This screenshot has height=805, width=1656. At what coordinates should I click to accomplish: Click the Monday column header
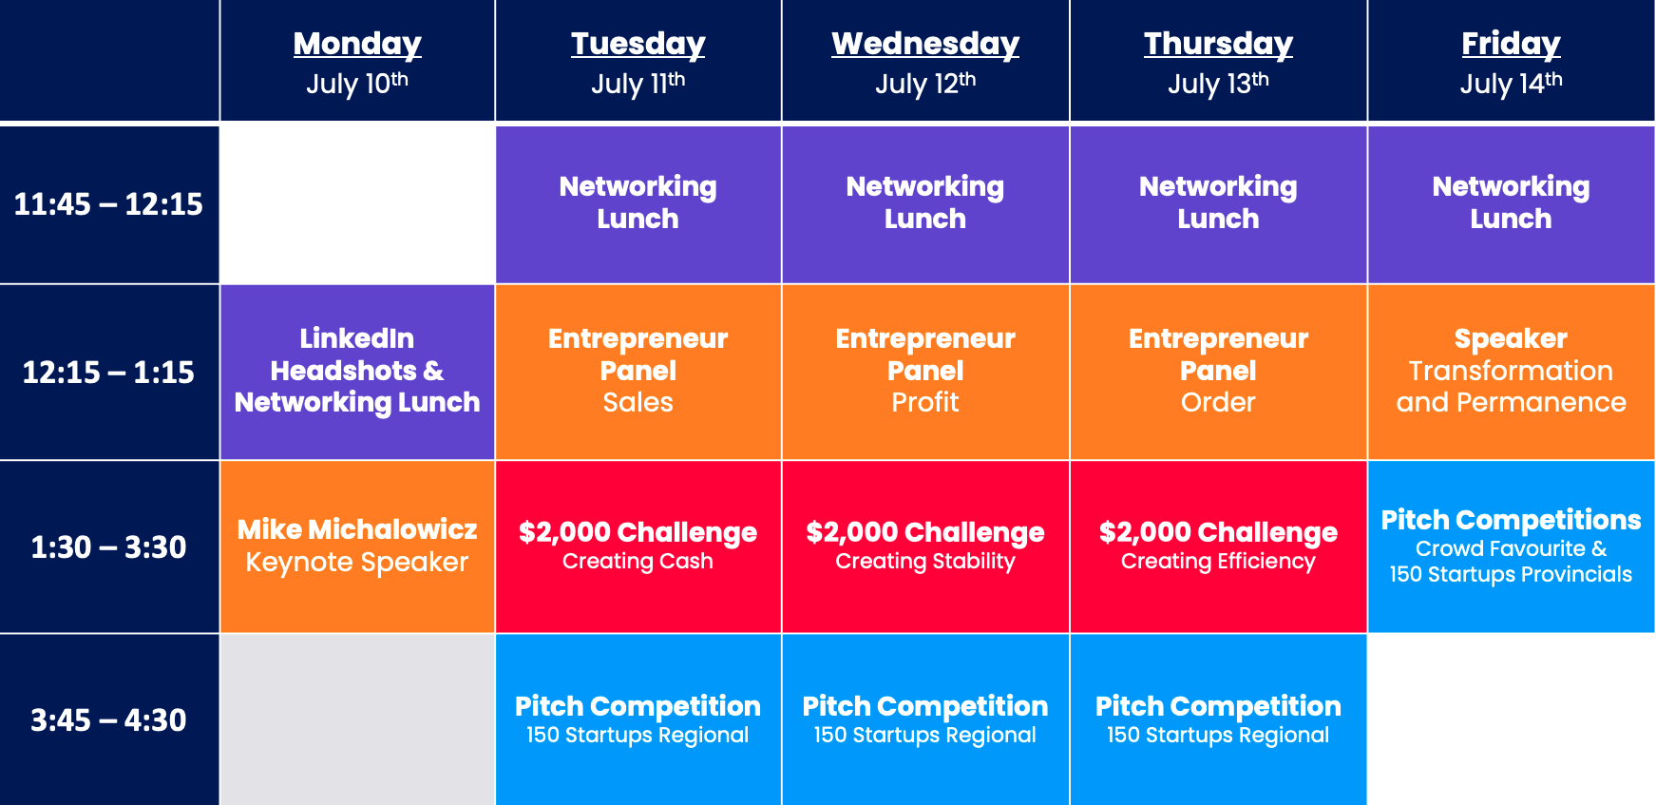click(x=357, y=44)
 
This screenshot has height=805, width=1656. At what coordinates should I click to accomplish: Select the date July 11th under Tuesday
click(x=638, y=84)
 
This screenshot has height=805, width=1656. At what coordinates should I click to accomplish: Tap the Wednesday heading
click(x=925, y=44)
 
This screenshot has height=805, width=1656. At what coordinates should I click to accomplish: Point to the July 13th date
click(x=1218, y=84)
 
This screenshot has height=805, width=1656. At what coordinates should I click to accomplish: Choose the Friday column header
click(x=1511, y=44)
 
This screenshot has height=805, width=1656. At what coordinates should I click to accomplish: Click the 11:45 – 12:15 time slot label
click(x=108, y=204)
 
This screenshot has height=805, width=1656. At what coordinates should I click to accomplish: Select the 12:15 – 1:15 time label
click(x=108, y=372)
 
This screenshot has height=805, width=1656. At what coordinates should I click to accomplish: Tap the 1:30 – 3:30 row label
click(x=108, y=547)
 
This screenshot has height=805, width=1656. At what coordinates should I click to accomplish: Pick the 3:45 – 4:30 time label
click(x=108, y=720)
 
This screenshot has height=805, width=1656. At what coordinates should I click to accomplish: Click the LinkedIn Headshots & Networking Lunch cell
click(x=357, y=372)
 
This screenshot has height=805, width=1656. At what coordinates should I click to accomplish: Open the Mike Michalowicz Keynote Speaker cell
click(x=357, y=546)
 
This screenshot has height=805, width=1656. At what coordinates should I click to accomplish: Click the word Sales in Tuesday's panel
click(x=638, y=403)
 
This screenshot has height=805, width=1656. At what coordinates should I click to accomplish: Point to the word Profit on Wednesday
click(x=925, y=403)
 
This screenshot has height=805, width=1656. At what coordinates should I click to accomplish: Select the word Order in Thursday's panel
click(x=1218, y=403)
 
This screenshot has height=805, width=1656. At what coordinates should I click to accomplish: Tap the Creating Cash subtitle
click(x=638, y=562)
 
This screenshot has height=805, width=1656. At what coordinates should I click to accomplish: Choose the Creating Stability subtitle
click(x=925, y=562)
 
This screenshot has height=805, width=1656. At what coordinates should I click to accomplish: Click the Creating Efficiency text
click(x=1218, y=562)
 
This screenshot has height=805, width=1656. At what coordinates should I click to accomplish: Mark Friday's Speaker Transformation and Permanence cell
click(x=1511, y=372)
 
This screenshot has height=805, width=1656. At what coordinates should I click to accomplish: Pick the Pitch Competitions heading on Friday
click(x=1511, y=520)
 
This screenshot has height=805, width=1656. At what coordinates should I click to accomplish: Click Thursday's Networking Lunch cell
click(x=1218, y=204)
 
